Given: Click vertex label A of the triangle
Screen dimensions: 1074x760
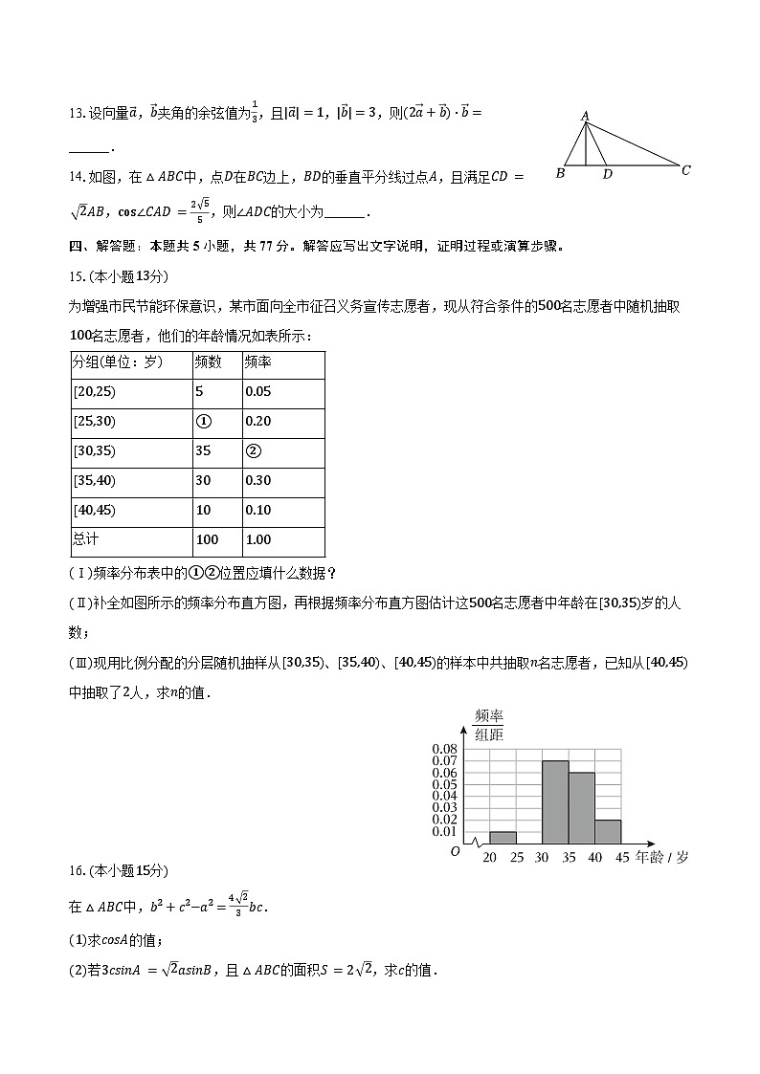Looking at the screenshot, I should (x=585, y=115).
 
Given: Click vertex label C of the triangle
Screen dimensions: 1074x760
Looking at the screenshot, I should (x=685, y=170).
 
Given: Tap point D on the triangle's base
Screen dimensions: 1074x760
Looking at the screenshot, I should (x=607, y=175).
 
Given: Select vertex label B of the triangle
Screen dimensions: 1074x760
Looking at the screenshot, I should (x=560, y=174).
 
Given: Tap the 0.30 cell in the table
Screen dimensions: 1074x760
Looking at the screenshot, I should (x=257, y=481).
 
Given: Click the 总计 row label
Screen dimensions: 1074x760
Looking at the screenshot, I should (x=85, y=540).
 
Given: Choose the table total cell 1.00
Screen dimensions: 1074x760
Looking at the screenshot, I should (x=257, y=540).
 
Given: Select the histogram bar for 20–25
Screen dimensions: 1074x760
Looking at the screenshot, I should (x=503, y=837).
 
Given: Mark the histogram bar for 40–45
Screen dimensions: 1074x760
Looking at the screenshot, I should (x=608, y=831).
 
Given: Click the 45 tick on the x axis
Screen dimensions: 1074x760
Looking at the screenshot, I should (x=621, y=858).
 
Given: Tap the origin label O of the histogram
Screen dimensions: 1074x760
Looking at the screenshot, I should (x=456, y=850).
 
